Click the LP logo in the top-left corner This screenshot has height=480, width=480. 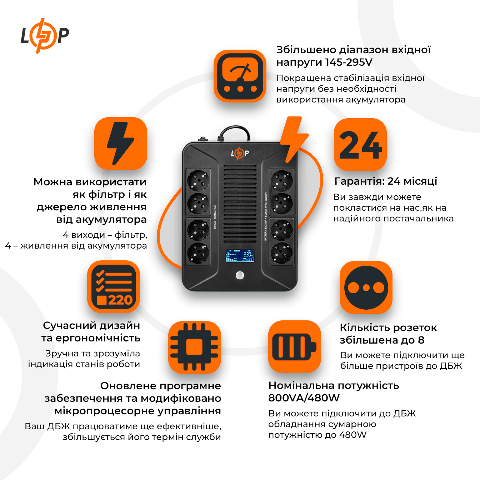[44, 36]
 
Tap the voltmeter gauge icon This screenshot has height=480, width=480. [240, 76]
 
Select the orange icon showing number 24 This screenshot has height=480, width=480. [360, 145]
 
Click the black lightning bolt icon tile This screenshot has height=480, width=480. [121, 144]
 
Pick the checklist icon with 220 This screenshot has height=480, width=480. [114, 287]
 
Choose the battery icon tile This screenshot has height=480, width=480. [294, 347]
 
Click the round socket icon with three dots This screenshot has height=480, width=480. [366, 287]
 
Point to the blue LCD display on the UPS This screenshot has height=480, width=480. [240, 256]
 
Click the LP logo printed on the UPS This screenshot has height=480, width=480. [240, 154]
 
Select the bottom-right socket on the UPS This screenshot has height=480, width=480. [281, 252]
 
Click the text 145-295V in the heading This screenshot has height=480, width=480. [349, 62]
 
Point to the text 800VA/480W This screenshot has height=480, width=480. [304, 398]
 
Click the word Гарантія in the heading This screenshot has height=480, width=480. [359, 181]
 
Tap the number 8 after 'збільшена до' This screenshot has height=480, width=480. [421, 340]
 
